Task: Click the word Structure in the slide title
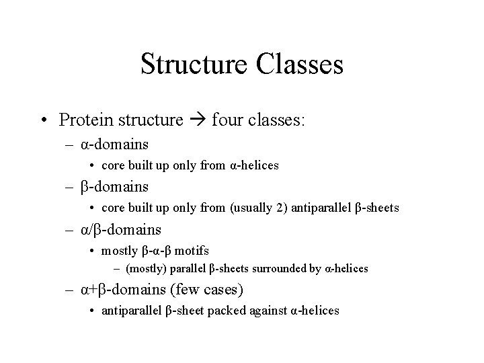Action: coord(194,65)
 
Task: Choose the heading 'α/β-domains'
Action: coord(121,230)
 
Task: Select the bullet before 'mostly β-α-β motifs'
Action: coord(92,251)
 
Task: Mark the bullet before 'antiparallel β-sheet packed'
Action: coord(92,311)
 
